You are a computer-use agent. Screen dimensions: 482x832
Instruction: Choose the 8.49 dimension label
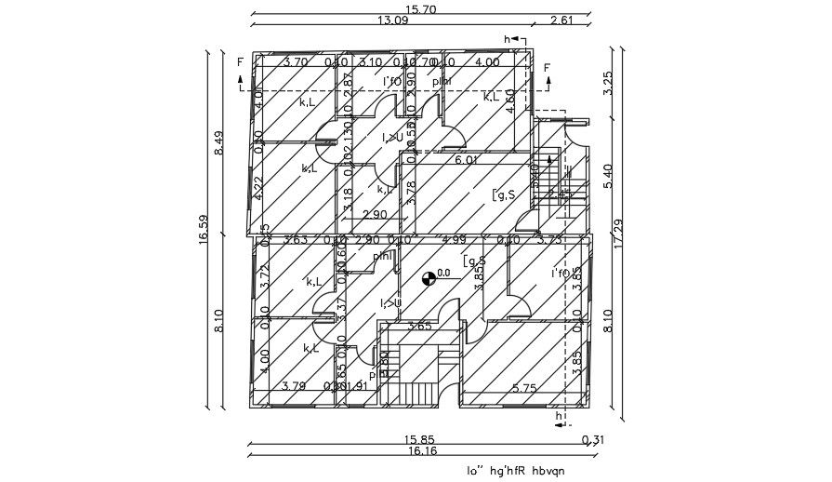coord(219,143)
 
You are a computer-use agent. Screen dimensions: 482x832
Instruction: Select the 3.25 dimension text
coord(609,84)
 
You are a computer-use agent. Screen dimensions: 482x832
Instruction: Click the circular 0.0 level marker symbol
coord(429,276)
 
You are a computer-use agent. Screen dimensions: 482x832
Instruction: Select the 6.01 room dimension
coord(467,161)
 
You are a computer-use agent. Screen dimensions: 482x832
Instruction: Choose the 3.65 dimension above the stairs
coord(420,327)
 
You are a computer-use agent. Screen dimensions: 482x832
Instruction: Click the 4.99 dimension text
coord(455,240)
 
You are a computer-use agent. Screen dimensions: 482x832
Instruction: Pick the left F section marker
coord(240,63)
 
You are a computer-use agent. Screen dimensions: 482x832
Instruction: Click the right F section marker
coord(547,68)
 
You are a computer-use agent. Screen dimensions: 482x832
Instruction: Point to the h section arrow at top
coord(508,39)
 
